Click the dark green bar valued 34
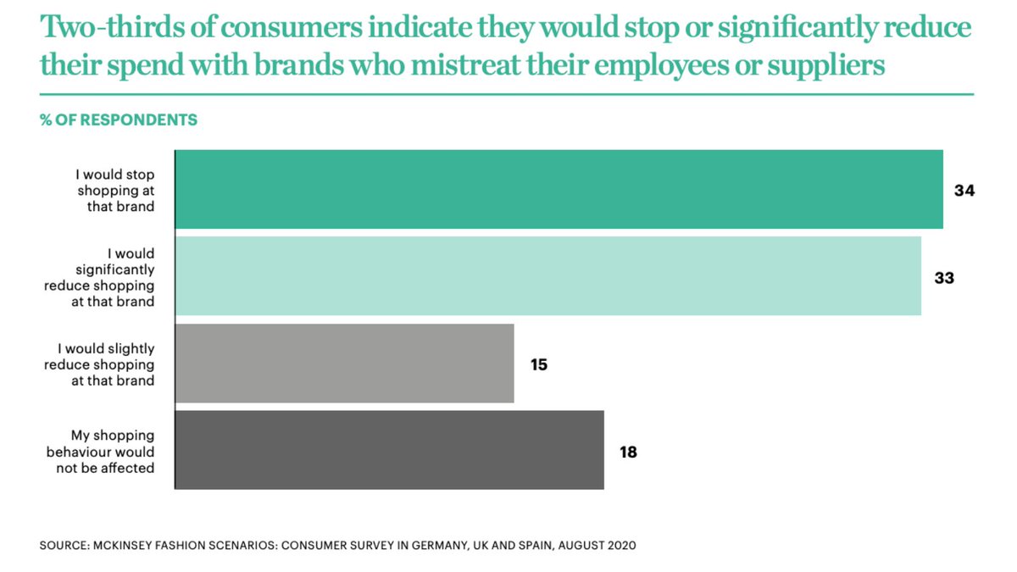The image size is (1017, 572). click(x=559, y=190)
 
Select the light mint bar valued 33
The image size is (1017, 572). click(x=547, y=276)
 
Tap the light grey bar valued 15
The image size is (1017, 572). click(x=344, y=364)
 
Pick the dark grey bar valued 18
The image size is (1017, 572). click(x=389, y=450)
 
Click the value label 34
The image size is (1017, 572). click(x=964, y=191)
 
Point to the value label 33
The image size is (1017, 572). click(x=944, y=277)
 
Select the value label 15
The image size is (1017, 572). click(x=539, y=365)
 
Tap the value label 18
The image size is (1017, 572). click(x=628, y=452)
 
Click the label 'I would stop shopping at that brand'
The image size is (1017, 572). click(x=116, y=191)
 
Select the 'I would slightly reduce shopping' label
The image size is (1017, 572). click(x=107, y=364)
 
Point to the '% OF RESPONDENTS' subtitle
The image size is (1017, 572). click(x=119, y=120)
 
